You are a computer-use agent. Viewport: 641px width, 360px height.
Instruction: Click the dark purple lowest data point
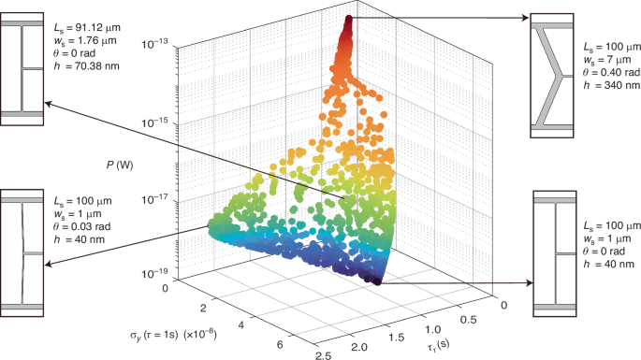tap(379, 279)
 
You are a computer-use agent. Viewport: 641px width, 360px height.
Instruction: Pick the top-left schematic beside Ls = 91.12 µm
tap(22, 67)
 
